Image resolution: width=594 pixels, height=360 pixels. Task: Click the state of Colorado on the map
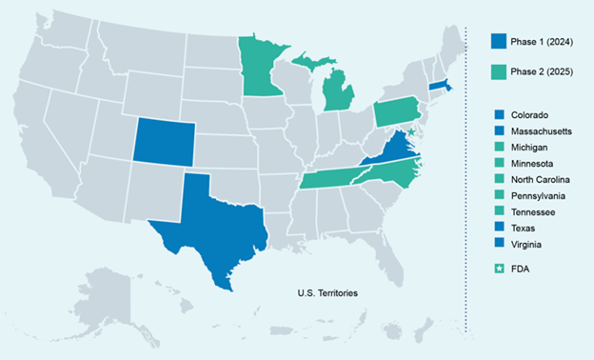[164, 141]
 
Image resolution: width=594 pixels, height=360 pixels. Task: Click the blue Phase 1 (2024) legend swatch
[499, 41]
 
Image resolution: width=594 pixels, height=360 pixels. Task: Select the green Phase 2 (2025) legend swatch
[499, 73]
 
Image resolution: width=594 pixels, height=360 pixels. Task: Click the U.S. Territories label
[327, 292]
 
